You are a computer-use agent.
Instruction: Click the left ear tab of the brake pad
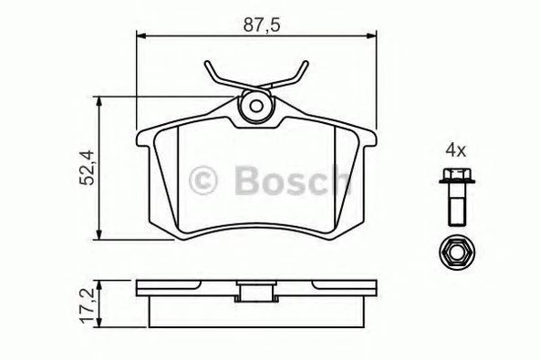(145, 140)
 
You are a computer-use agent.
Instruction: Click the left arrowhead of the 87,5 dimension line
(139, 36)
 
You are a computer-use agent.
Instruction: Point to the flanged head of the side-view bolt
(454, 177)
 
